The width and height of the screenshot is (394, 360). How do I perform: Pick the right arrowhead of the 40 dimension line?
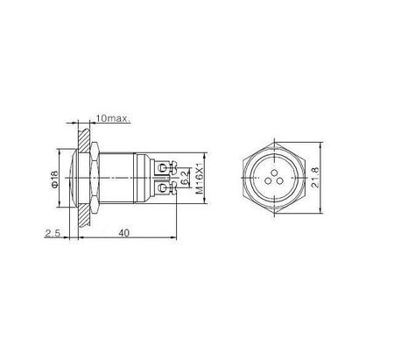(173, 240)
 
